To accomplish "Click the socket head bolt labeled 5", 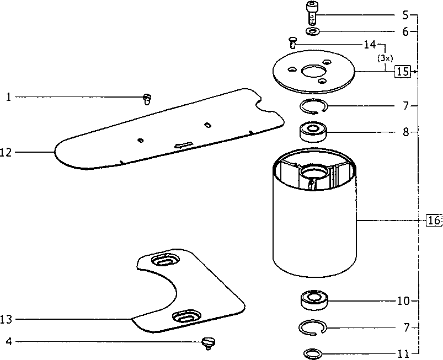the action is click(311, 13).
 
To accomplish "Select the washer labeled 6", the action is click(312, 31).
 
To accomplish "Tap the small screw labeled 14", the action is click(292, 42).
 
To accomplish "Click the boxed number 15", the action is click(403, 72).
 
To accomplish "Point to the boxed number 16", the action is click(434, 220).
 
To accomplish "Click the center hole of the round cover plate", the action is click(314, 71).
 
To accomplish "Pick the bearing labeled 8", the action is click(313, 131).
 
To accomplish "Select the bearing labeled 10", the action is click(314, 300).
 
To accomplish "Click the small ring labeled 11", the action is click(313, 353).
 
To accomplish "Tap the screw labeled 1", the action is click(147, 99).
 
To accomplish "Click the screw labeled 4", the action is click(208, 343).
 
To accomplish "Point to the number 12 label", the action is click(6, 153).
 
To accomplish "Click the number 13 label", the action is click(6, 319).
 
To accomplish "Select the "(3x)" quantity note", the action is click(385, 58).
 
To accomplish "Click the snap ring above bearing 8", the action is click(313, 107).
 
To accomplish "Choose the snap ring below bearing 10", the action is click(313, 328).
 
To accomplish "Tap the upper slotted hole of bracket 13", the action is click(166, 260).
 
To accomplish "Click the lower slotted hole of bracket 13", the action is click(187, 316).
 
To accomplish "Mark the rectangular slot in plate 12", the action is click(184, 145).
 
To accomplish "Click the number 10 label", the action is click(403, 301).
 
